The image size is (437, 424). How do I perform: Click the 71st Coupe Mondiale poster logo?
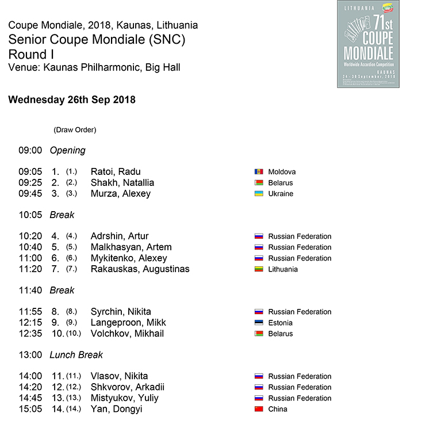coord(368,44)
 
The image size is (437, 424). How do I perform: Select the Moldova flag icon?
coord(259,172)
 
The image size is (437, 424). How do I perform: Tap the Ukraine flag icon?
coord(259,194)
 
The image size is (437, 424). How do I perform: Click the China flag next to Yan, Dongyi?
coord(259,409)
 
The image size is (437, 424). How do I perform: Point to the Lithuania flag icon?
coord(259,269)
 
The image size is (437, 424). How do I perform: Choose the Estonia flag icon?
coord(259,323)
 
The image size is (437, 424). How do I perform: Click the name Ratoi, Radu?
coord(116,171)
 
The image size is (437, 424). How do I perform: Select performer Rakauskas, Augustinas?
coord(140,269)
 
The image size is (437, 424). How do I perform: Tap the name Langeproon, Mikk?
coord(128,322)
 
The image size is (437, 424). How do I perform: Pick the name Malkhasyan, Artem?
coord(131,247)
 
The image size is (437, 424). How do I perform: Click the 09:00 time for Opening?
coord(30,150)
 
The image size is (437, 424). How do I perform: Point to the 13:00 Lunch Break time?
coord(30,355)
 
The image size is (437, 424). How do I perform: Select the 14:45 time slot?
coord(30,398)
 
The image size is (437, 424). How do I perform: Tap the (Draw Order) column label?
coord(75,130)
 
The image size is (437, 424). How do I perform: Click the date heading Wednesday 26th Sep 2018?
coord(72,100)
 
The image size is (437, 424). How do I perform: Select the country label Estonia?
coord(280,323)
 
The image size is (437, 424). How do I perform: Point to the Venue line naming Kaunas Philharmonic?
coord(94,68)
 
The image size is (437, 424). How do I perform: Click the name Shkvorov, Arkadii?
coord(128,387)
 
